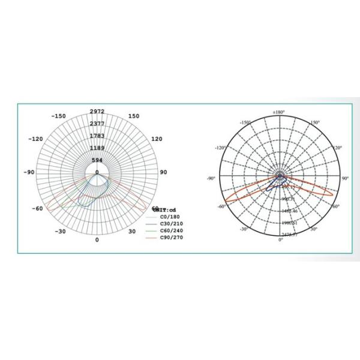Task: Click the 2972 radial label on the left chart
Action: (97, 112)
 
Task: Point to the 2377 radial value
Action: (97, 124)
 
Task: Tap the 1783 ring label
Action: (97, 136)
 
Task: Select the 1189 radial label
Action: (97, 148)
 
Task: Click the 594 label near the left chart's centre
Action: (97, 160)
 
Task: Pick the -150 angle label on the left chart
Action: (58, 116)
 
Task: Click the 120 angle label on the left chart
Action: (157, 139)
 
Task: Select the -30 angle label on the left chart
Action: (60, 230)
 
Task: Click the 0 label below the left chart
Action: (97, 239)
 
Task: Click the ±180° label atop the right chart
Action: (279, 112)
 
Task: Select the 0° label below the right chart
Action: (280, 240)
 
